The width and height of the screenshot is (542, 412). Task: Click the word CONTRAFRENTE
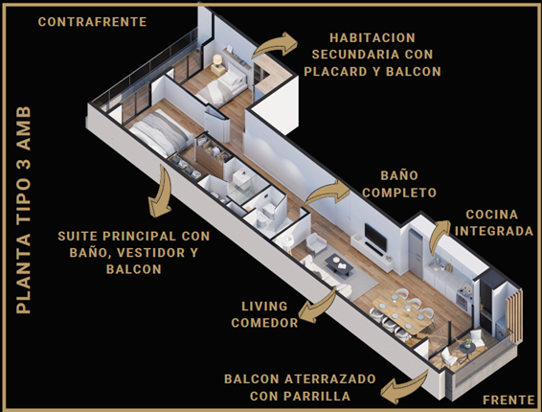92,22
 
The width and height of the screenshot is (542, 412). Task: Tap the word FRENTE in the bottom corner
508,400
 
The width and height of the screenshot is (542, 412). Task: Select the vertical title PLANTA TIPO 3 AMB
24,210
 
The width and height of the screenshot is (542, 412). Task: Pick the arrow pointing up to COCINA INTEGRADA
439,237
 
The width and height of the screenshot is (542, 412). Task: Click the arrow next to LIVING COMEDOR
316,307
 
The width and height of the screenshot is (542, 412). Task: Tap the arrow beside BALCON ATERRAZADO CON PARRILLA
404,387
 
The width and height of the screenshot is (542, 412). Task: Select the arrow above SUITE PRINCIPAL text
162,191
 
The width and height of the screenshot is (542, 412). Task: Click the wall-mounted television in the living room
375,237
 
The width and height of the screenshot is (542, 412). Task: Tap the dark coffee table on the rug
339,264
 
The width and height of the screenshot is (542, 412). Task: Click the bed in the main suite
160,133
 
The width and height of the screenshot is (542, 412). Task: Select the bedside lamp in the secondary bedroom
217,61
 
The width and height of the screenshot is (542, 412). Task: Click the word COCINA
492,215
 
